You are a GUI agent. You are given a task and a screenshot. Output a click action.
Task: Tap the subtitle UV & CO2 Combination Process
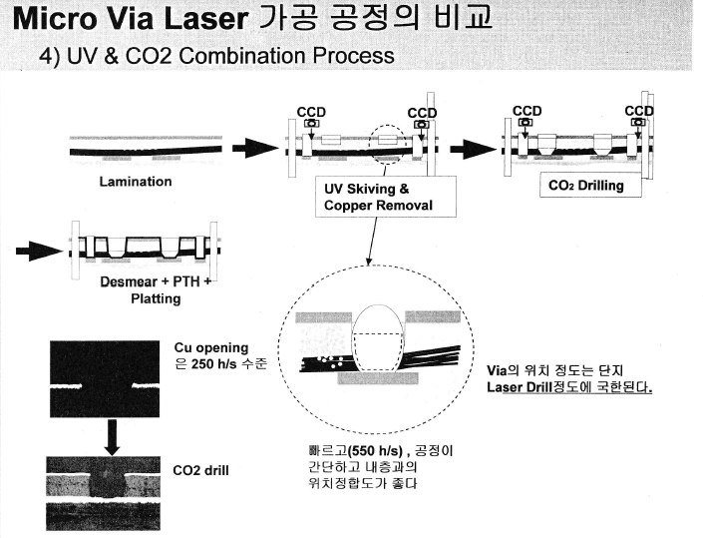[x=216, y=56]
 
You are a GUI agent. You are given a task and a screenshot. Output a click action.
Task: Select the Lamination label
[x=136, y=182]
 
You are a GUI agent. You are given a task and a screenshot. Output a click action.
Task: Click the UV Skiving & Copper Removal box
[x=372, y=197]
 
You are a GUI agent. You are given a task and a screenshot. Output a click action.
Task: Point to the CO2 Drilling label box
[x=586, y=186]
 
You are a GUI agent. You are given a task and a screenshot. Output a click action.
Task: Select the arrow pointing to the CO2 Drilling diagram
[x=471, y=149]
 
